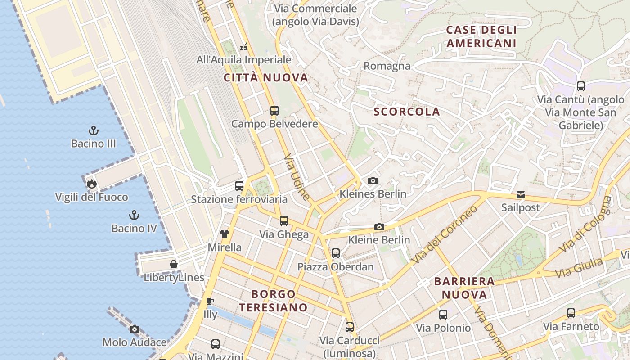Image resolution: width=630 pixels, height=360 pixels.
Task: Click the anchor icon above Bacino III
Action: coord(93,130)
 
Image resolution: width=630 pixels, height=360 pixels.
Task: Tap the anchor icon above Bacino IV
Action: coord(134,215)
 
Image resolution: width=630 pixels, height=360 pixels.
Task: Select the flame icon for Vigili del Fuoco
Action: coord(91,184)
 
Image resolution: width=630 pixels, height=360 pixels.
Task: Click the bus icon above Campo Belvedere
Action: coord(274,110)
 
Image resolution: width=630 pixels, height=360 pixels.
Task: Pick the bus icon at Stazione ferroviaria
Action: coord(239,185)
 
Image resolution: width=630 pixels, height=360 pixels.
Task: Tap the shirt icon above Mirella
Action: coord(224,234)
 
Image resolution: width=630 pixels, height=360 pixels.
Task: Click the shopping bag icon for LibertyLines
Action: coord(174,264)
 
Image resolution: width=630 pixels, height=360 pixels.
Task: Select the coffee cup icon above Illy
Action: coord(210,301)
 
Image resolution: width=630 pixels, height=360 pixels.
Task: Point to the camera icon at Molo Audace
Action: coord(134,329)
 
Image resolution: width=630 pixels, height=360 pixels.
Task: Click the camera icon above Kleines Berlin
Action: coord(373,180)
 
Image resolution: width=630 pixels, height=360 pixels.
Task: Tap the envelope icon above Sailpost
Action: coord(520,195)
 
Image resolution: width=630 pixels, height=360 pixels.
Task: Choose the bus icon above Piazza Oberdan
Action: coord(335,253)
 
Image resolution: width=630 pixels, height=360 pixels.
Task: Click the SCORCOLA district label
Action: coord(407,112)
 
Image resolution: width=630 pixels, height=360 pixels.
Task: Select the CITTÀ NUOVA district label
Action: coord(266,78)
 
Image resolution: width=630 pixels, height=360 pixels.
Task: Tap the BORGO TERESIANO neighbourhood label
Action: coord(274,301)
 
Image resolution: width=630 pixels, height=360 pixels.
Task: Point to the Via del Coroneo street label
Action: coord(445,235)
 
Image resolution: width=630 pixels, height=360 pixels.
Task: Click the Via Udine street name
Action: coord(297,178)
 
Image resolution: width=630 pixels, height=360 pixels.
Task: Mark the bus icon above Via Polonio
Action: coord(443,314)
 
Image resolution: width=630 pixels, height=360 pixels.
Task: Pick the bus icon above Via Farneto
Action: coord(571,313)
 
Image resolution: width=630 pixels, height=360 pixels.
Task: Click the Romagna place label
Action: coord(387,66)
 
